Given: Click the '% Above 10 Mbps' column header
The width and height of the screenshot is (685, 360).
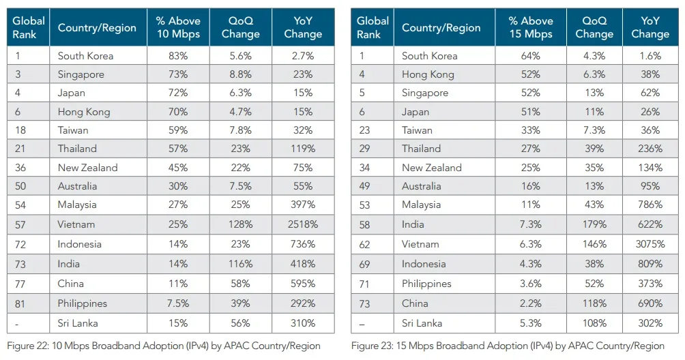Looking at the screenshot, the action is pos(178,27).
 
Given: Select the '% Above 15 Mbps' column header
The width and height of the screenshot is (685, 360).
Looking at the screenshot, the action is pos(531,27).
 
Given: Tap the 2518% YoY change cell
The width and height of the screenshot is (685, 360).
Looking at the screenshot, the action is pos(303,224).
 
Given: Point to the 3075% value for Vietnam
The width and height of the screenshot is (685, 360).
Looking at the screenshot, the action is pos(650,244).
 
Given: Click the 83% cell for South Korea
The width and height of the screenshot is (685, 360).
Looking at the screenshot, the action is pos(178,56).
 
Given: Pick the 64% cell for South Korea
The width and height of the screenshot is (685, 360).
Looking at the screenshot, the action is pos(531,56).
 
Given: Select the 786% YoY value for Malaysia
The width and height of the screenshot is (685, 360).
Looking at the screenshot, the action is pos(650,205).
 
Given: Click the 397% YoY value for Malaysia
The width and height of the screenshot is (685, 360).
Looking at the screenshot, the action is pos(303,205).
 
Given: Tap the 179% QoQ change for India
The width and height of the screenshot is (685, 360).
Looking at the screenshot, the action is pos(594,224).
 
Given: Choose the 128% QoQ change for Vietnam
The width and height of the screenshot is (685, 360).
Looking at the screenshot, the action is pos(240,224).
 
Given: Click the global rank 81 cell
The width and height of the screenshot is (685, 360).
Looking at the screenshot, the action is pos(20,303).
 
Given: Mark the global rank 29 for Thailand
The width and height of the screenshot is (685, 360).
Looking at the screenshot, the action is pos(364,149).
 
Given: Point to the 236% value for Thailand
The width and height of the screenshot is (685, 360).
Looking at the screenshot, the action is pos(650,149).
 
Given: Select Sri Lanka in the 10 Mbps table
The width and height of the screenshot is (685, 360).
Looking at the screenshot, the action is pos(78,323).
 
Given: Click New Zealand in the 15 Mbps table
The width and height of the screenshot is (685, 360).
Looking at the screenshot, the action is pos(432,168).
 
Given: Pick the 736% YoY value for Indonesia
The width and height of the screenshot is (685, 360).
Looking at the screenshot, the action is pos(303,244).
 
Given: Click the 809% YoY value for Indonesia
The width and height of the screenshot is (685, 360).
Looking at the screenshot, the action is pos(650,264).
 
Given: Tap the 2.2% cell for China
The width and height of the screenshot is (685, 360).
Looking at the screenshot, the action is pos(531,303).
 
